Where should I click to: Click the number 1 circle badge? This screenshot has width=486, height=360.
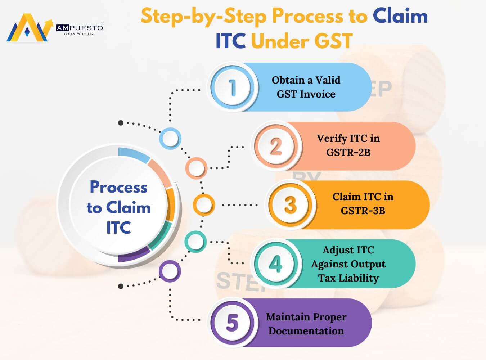[233, 87]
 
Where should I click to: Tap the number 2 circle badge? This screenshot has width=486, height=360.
[276, 147]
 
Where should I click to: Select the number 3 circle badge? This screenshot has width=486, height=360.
[290, 205]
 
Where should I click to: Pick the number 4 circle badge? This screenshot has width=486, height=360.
[276, 264]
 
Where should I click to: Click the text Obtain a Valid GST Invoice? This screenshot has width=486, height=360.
[306, 87]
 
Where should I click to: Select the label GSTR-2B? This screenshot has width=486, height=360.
[348, 153]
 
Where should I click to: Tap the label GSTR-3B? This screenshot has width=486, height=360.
[363, 211]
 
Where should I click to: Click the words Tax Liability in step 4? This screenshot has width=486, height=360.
[348, 278]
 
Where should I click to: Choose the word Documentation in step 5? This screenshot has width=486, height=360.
[306, 331]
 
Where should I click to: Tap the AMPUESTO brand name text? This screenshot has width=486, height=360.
[80, 27]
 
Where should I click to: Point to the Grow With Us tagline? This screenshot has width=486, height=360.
[78, 34]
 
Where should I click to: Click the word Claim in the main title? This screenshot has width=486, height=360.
[400, 16]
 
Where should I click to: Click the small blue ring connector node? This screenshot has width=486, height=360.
[170, 138]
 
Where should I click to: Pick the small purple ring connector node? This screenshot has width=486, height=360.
[170, 271]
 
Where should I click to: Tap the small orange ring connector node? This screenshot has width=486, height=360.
[204, 205]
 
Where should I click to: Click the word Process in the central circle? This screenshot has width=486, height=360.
[118, 187]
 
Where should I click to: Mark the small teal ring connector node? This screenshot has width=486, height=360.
[195, 242]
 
